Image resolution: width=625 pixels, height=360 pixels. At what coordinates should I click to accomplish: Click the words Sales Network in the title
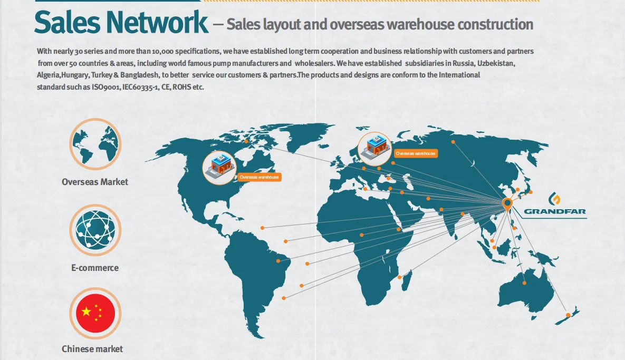[x=121, y=22]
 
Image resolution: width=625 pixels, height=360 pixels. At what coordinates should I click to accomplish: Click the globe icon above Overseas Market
[x=95, y=144]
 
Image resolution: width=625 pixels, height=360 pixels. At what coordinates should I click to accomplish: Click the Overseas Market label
[x=95, y=182]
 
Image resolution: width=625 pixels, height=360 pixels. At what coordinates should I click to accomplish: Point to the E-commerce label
[x=95, y=268]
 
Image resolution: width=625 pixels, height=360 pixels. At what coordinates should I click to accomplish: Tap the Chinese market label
[x=92, y=349]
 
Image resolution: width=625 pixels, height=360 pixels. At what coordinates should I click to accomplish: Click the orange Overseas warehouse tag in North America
[x=259, y=177]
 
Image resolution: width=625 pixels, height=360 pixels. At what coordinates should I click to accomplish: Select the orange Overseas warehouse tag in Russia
[x=416, y=153]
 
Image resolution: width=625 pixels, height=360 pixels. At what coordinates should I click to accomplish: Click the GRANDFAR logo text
[x=554, y=212]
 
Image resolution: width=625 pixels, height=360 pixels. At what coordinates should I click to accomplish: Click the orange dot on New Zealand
[x=568, y=315]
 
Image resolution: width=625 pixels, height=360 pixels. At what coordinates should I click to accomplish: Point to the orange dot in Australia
[x=524, y=283]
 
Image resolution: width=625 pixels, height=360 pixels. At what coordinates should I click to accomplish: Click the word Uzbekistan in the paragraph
[x=496, y=63]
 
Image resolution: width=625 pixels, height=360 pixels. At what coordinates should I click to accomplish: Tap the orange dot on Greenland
[x=246, y=141]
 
